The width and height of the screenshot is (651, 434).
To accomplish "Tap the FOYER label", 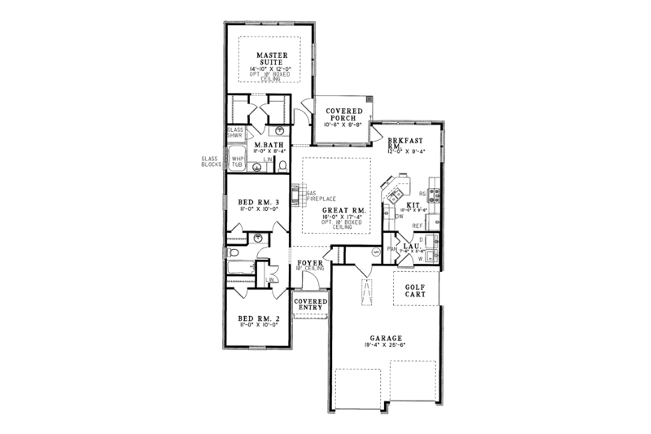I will pyautogui.click(x=311, y=263).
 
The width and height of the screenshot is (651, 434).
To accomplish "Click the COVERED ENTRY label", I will pyautogui.click(x=311, y=303).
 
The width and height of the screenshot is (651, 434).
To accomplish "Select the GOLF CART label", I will pyautogui.click(x=416, y=288).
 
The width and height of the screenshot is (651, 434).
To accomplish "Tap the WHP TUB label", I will pyautogui.click(x=238, y=161).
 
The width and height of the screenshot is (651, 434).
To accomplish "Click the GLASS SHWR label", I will pyautogui.click(x=234, y=132).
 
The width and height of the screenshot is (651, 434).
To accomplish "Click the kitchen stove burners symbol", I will pyautogui.click(x=435, y=194).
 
